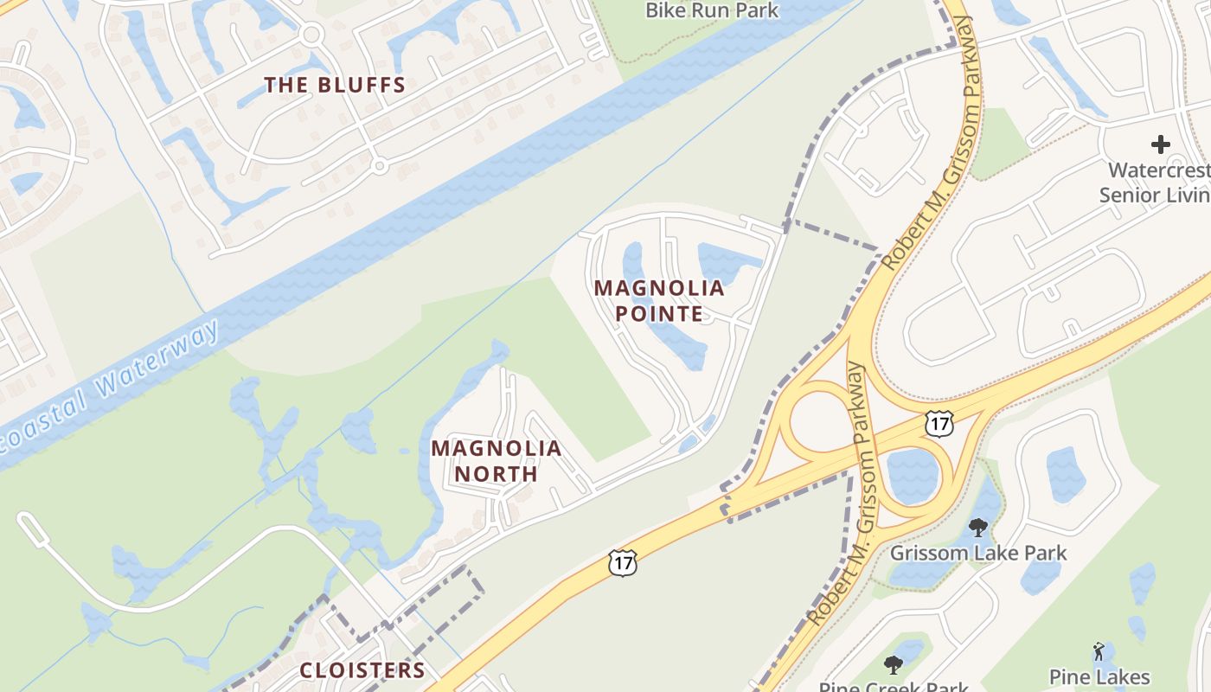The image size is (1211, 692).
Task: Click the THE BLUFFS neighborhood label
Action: point(335,85)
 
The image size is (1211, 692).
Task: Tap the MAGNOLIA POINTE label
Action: point(659,300)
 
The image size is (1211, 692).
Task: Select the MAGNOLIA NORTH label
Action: point(497,461)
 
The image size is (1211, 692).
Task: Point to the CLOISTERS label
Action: point(362,670)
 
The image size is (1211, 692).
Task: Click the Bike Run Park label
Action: point(713,10)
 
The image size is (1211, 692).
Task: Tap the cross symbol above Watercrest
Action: point(1161,144)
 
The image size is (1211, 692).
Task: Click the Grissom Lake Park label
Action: point(978,553)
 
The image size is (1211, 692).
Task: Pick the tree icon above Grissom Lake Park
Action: point(978,527)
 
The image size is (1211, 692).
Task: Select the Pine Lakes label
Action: point(1099,676)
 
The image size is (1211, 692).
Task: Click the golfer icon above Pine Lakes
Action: point(1099,650)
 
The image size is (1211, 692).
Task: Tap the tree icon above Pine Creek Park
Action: point(894,664)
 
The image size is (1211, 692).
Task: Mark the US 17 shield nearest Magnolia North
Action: point(623,562)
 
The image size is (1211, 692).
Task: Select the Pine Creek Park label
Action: point(894,687)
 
